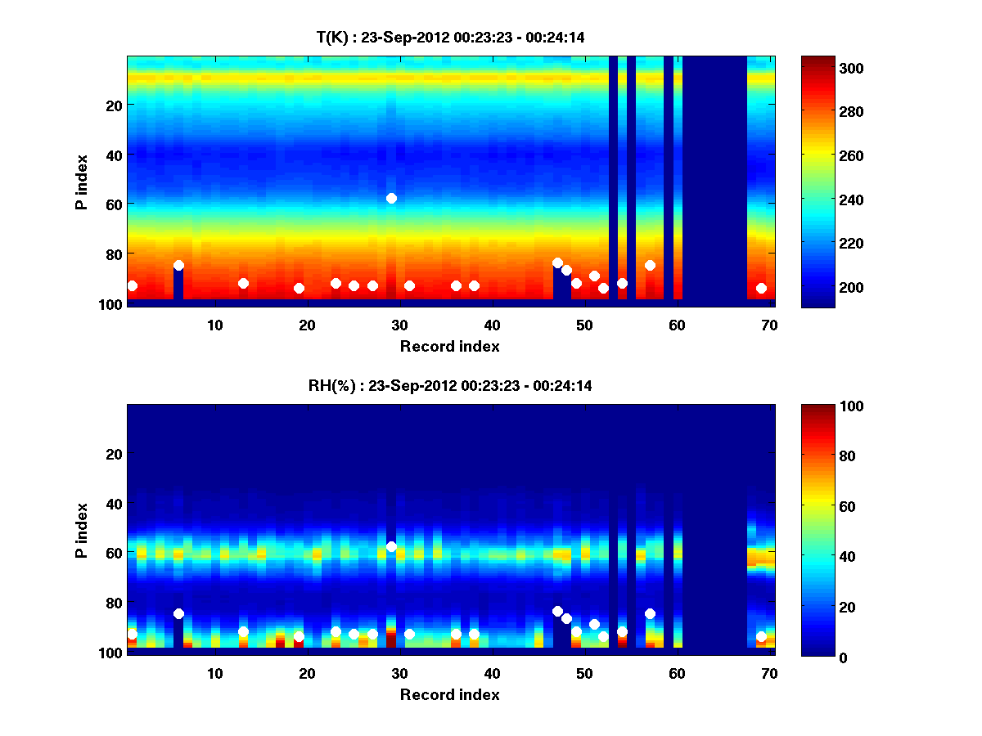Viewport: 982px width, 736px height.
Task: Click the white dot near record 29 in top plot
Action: tap(391, 198)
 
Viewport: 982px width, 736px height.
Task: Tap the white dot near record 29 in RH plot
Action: tap(391, 546)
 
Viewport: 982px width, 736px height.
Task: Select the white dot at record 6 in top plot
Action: tap(178, 265)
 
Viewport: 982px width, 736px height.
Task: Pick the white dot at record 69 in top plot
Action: tap(761, 288)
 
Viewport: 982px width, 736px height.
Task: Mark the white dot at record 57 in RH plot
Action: tap(650, 613)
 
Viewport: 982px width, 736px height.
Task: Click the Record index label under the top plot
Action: tap(449, 346)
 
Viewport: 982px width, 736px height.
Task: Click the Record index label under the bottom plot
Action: tap(449, 694)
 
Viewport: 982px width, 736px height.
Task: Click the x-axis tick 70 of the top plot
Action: tap(769, 325)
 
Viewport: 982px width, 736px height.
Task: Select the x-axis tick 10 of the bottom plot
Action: tap(214, 673)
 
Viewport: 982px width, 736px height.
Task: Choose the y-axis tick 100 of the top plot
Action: tap(112, 304)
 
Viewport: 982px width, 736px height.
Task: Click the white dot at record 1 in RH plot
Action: tap(132, 635)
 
